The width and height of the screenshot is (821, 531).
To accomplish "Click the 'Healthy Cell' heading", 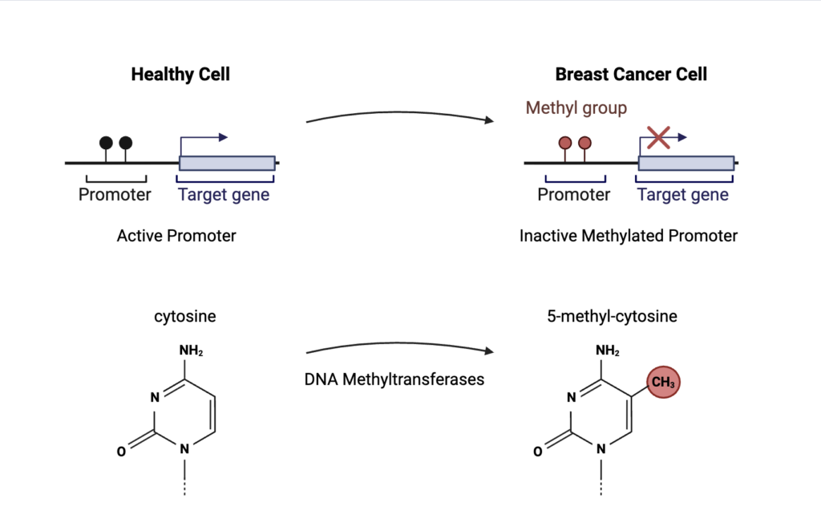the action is [180, 75].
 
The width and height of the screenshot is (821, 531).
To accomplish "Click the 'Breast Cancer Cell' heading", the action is [631, 75].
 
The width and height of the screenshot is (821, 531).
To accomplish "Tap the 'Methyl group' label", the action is [576, 107].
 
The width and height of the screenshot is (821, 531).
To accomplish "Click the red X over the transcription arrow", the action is [658, 137].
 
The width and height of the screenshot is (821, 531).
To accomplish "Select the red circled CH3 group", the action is [663, 383].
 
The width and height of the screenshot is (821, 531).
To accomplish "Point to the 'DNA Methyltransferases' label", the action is [394, 379].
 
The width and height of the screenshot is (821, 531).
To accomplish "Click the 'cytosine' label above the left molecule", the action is [185, 316].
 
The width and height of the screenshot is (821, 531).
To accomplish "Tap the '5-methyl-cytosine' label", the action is [612, 316].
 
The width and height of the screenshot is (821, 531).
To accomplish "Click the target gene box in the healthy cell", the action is [227, 163].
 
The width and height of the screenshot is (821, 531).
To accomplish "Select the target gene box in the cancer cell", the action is [686, 163].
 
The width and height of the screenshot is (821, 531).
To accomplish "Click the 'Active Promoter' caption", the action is [176, 236].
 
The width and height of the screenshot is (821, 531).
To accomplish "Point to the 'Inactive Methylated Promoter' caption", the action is [629, 236].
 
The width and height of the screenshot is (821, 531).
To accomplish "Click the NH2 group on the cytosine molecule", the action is [191, 351].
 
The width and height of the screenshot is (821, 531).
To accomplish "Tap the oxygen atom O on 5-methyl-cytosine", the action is [538, 452].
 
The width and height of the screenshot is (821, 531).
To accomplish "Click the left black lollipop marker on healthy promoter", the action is [106, 143].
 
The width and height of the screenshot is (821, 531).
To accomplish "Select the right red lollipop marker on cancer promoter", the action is [584, 143].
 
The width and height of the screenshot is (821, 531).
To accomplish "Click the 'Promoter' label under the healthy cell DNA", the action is [115, 195].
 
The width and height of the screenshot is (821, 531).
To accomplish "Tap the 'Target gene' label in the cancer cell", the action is [683, 195].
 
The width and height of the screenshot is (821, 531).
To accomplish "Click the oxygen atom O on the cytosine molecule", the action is [121, 452].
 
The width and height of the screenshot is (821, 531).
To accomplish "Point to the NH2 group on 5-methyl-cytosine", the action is [608, 351].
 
